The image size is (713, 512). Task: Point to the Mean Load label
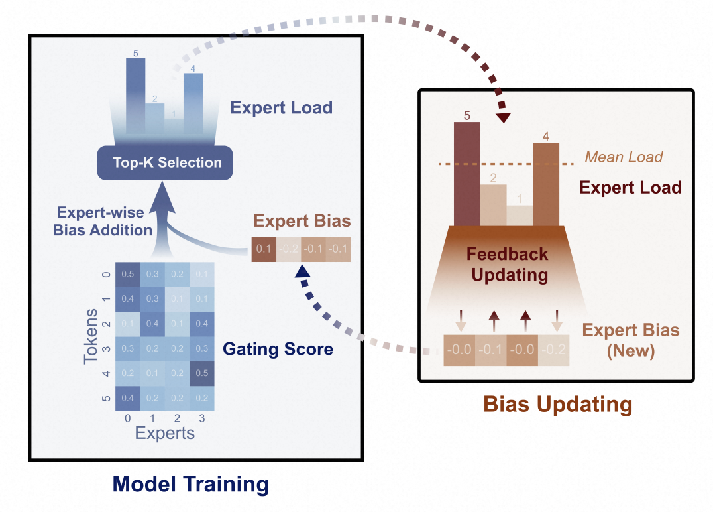[624, 157]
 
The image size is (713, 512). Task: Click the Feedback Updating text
[507, 263]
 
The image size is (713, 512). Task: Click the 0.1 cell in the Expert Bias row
[263, 250]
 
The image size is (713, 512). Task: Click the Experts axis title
[165, 434]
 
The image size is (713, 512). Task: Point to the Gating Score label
[278, 348]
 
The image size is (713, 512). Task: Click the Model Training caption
[191, 484]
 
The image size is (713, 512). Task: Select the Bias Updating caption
[557, 404]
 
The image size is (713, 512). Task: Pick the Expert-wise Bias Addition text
[105, 222]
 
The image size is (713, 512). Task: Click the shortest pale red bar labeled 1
[520, 216]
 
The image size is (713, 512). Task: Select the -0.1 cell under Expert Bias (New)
[491, 349]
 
